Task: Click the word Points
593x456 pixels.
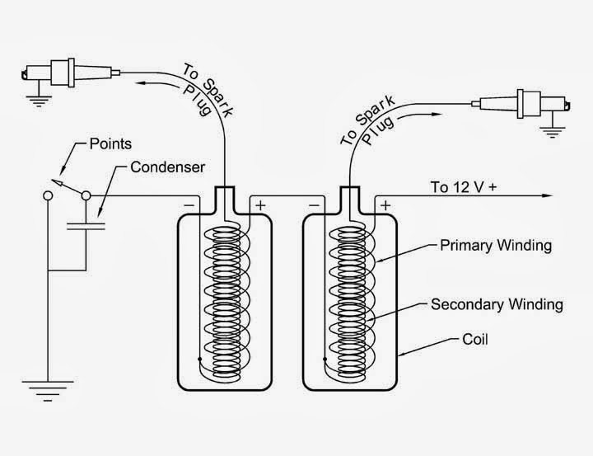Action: [110, 144]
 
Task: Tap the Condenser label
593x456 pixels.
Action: [167, 167]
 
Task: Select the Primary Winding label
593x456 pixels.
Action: [496, 246]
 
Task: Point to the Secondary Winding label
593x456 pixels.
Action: [497, 304]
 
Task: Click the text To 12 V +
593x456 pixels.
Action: [464, 187]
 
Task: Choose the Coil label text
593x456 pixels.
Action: [475, 340]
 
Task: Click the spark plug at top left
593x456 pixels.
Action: [71, 73]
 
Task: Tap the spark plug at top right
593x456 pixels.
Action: [521, 103]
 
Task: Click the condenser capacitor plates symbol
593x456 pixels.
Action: [86, 226]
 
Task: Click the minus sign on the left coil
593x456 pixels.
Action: [189, 205]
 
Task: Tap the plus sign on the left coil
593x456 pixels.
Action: [260, 205]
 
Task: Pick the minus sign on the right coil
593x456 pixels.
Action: [314, 205]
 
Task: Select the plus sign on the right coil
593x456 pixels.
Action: [385, 205]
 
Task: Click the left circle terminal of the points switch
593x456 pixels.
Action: [48, 195]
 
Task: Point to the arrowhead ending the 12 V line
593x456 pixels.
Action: [547, 195]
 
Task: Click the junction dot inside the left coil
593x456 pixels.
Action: [199, 358]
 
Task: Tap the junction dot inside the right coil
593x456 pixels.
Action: [325, 358]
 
